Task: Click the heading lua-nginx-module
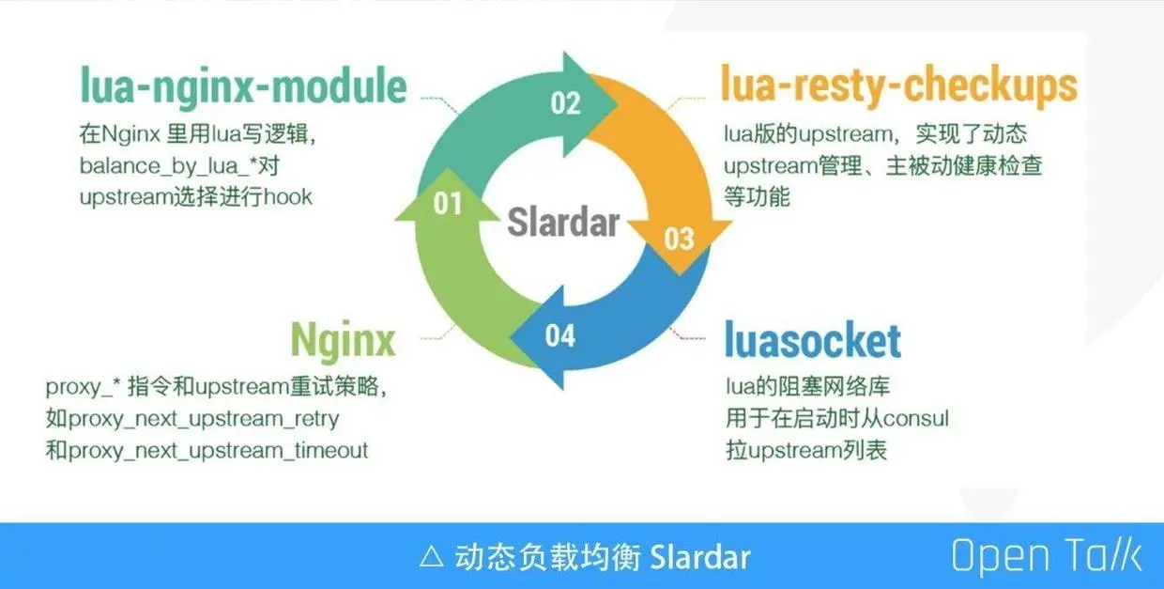pyautogui.click(x=243, y=86)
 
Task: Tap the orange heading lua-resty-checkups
pyautogui.click(x=899, y=85)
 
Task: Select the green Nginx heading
pyautogui.click(x=343, y=340)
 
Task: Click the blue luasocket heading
pyautogui.click(x=813, y=340)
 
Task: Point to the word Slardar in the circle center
pyautogui.click(x=563, y=222)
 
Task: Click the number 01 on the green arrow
pyautogui.click(x=448, y=203)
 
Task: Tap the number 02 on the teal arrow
pyautogui.click(x=565, y=103)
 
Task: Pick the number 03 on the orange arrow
pyautogui.click(x=680, y=240)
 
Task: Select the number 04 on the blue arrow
pyautogui.click(x=560, y=335)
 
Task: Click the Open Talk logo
pyautogui.click(x=1047, y=556)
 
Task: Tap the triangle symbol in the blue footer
pyautogui.click(x=432, y=557)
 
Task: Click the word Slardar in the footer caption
pyautogui.click(x=700, y=557)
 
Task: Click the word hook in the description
pyautogui.click(x=288, y=197)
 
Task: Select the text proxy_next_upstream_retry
pyautogui.click(x=203, y=419)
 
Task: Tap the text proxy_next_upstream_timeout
pyautogui.click(x=218, y=451)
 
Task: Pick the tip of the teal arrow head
pyautogui.click(x=618, y=104)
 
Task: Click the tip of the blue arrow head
pyautogui.click(x=511, y=338)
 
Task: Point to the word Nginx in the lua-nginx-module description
pyautogui.click(x=131, y=134)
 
